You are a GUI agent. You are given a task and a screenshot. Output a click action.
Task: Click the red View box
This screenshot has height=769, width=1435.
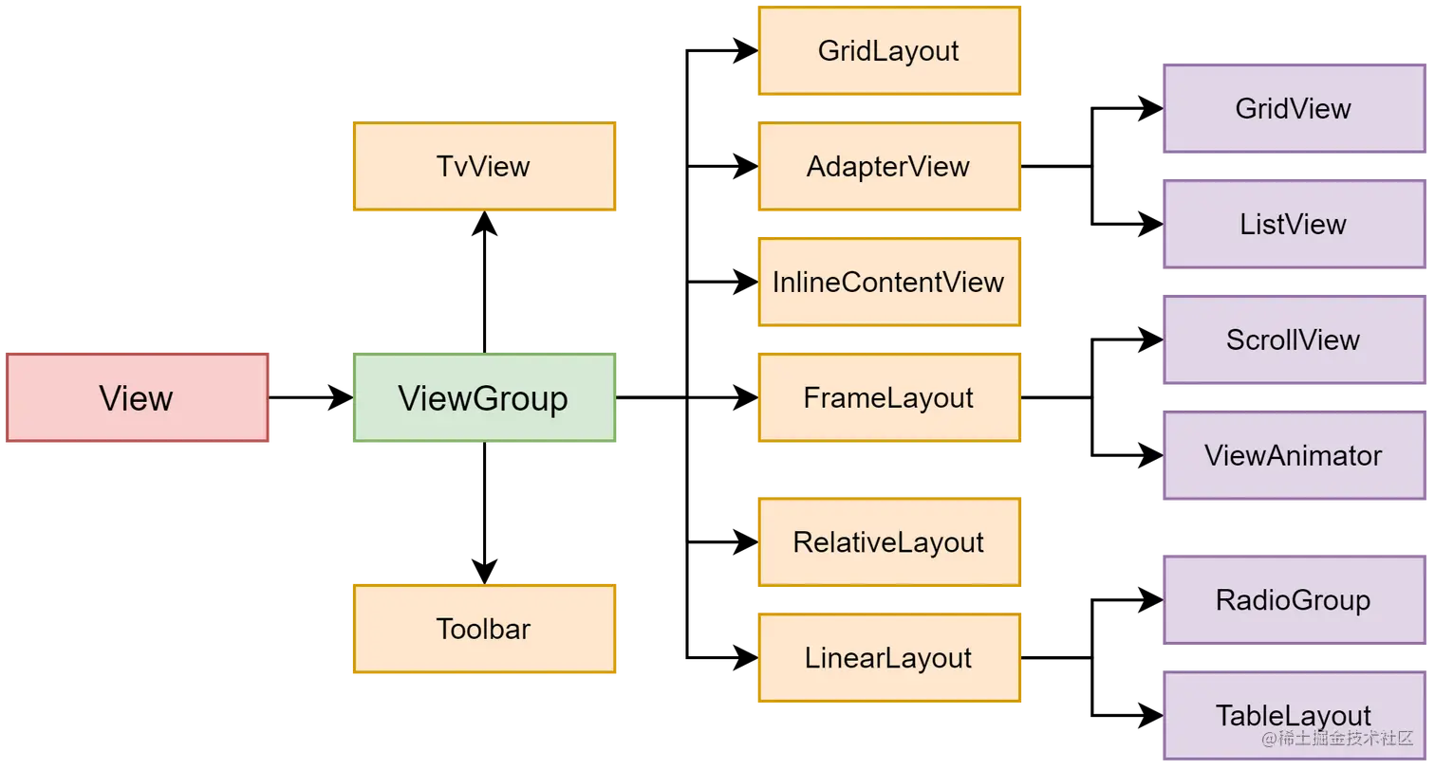click(x=138, y=398)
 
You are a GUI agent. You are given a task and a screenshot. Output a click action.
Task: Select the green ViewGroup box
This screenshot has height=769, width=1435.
click(x=484, y=398)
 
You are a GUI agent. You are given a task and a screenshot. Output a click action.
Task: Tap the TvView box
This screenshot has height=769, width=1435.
click(x=484, y=167)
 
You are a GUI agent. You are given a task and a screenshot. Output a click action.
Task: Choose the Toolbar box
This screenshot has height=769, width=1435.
click(x=484, y=629)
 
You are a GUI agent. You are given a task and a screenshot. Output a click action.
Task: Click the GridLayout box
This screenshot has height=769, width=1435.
click(x=888, y=51)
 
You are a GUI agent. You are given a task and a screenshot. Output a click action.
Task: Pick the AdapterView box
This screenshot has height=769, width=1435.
click(x=888, y=167)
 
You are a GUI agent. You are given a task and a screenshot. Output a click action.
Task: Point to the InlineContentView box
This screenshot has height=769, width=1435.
click(x=888, y=283)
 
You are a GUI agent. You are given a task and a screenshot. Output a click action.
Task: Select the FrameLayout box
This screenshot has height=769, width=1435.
click(x=888, y=398)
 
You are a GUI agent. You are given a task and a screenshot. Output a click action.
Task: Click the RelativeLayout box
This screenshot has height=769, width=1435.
click(x=888, y=542)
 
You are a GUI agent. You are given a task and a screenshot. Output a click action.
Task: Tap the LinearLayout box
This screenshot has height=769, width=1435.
click(x=888, y=658)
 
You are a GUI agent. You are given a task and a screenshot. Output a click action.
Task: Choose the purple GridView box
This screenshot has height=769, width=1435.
click(x=1293, y=109)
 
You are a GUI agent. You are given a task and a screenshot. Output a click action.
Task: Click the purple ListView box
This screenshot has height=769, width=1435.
click(x=1293, y=225)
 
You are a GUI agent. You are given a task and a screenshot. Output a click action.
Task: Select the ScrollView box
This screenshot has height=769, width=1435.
click(x=1293, y=340)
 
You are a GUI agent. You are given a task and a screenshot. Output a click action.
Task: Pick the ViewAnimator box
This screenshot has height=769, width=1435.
click(x=1293, y=456)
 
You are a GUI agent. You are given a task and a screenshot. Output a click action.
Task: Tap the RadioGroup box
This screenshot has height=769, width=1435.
click(x=1293, y=600)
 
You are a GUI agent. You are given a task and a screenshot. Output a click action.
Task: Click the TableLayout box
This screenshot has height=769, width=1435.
click(x=1293, y=715)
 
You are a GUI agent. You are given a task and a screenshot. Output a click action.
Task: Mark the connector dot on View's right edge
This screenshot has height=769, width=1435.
click(x=271, y=398)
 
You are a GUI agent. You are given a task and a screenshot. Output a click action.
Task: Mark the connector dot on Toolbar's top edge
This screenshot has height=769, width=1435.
click(x=485, y=580)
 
